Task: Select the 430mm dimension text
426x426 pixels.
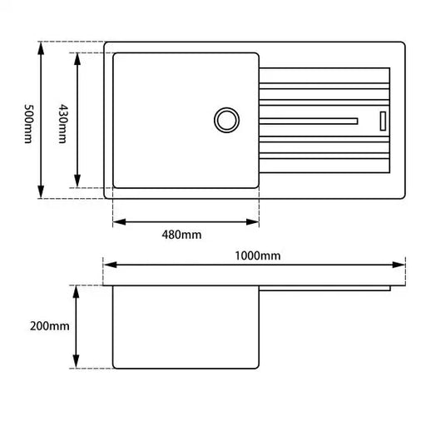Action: pyautogui.click(x=62, y=121)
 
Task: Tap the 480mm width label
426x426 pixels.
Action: pyautogui.click(x=182, y=235)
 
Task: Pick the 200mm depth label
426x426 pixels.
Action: pyautogui.click(x=48, y=326)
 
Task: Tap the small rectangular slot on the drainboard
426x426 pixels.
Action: pyautogui.click(x=384, y=120)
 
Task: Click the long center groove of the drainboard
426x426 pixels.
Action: pyautogui.click(x=308, y=121)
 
